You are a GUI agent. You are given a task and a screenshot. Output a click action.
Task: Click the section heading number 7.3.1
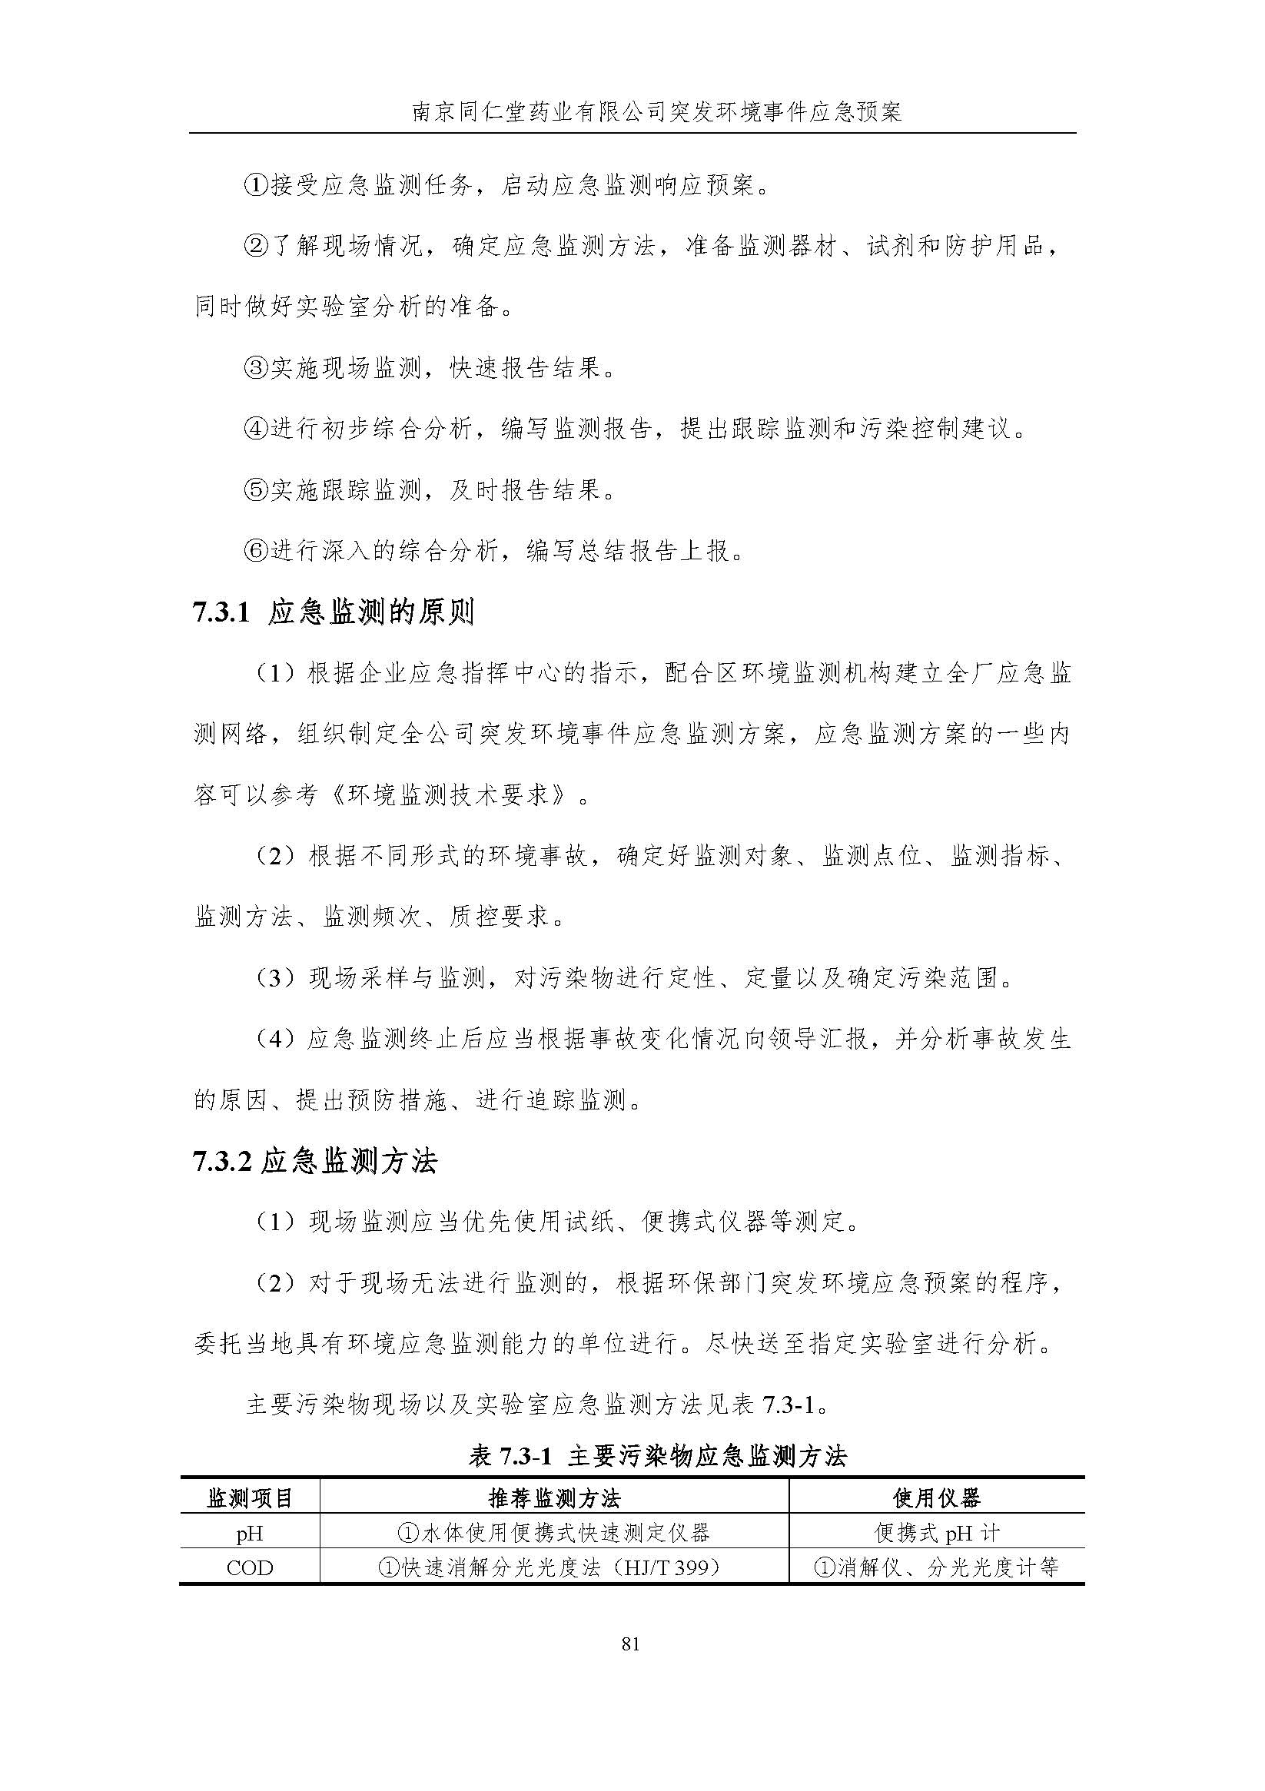coord(221,613)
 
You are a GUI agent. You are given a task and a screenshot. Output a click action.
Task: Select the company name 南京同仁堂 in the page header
coord(460,112)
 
